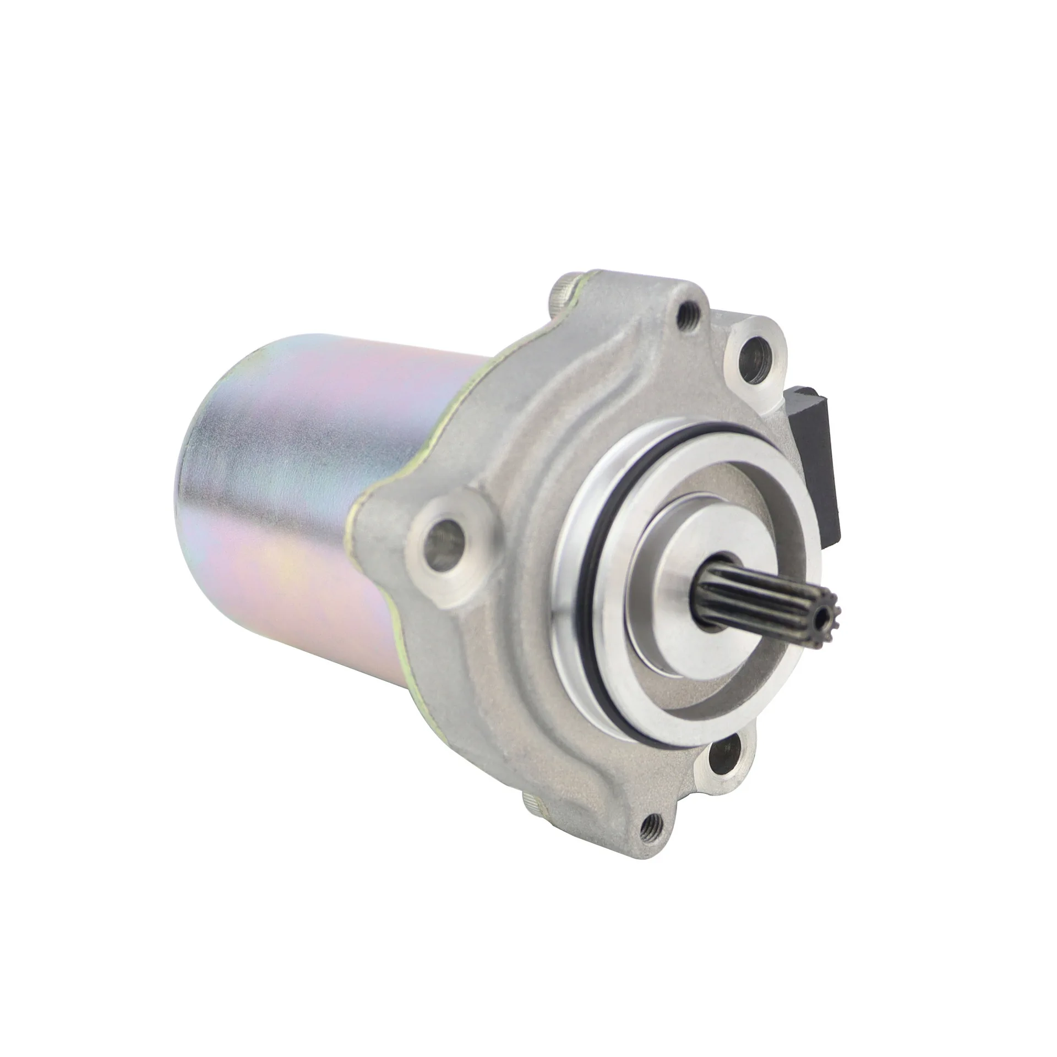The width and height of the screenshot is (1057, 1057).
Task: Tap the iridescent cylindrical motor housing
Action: click(308, 495)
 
